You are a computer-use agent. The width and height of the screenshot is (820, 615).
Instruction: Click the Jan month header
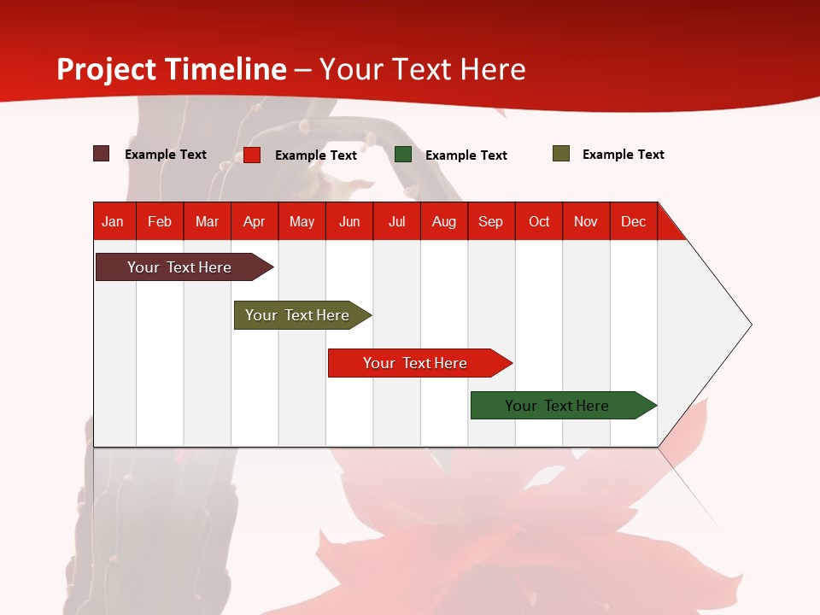coord(113,221)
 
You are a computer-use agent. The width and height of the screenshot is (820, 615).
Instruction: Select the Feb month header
coord(160,221)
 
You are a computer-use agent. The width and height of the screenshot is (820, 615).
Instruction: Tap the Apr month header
coord(254,221)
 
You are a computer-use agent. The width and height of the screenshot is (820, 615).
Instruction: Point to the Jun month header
coord(349,221)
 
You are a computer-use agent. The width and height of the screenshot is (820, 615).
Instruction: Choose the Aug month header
coord(443,221)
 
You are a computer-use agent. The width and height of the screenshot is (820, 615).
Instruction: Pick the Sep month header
coord(490,221)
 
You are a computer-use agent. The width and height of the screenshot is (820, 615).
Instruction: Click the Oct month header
coord(539,221)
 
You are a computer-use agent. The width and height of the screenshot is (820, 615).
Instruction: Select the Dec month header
coord(633,221)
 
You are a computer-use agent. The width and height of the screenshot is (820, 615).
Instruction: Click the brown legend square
coord(102,154)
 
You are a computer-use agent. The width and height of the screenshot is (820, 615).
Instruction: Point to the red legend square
coord(252,155)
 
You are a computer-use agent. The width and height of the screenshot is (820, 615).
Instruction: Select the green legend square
coord(403,155)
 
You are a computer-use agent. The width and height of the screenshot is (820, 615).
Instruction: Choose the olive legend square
coord(561,154)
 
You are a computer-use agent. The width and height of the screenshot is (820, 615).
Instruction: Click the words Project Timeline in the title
coord(172,69)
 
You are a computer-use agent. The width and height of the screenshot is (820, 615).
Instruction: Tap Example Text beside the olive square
coord(623,155)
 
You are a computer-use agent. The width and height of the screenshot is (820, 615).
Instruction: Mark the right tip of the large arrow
coord(750,325)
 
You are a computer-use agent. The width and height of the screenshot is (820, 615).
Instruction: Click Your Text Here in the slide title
coord(423,69)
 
